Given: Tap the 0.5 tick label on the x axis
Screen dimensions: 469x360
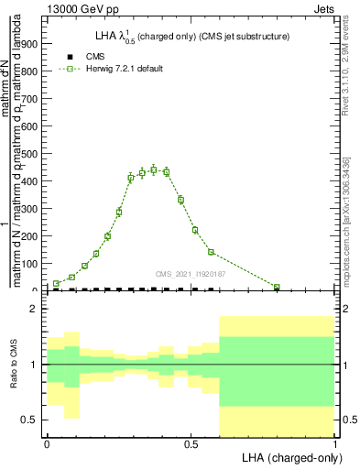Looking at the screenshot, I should (190, 443).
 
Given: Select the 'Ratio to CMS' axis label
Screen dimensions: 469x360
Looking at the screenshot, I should (14, 365).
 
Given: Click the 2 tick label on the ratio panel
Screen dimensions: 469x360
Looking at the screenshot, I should (34, 310).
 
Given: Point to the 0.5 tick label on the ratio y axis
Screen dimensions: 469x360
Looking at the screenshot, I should (29, 420).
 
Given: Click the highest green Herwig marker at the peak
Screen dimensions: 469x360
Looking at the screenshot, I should (154, 169).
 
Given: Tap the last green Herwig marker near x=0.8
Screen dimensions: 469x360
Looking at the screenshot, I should (277, 287).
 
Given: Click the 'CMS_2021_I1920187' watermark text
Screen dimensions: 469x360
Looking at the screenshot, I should (191, 274).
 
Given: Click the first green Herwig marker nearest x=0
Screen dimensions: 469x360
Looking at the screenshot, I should (57, 283).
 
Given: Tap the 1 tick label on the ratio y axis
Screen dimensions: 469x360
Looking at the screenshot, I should (34, 365).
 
